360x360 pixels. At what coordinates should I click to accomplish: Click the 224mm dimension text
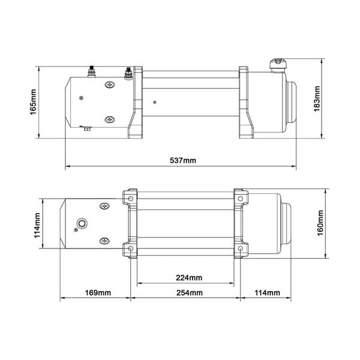coord(190,278)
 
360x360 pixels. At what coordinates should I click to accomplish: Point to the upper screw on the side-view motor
coord(109,86)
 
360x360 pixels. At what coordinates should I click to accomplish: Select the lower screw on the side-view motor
coord(109,120)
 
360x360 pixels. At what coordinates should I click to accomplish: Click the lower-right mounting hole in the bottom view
coord(240,248)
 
